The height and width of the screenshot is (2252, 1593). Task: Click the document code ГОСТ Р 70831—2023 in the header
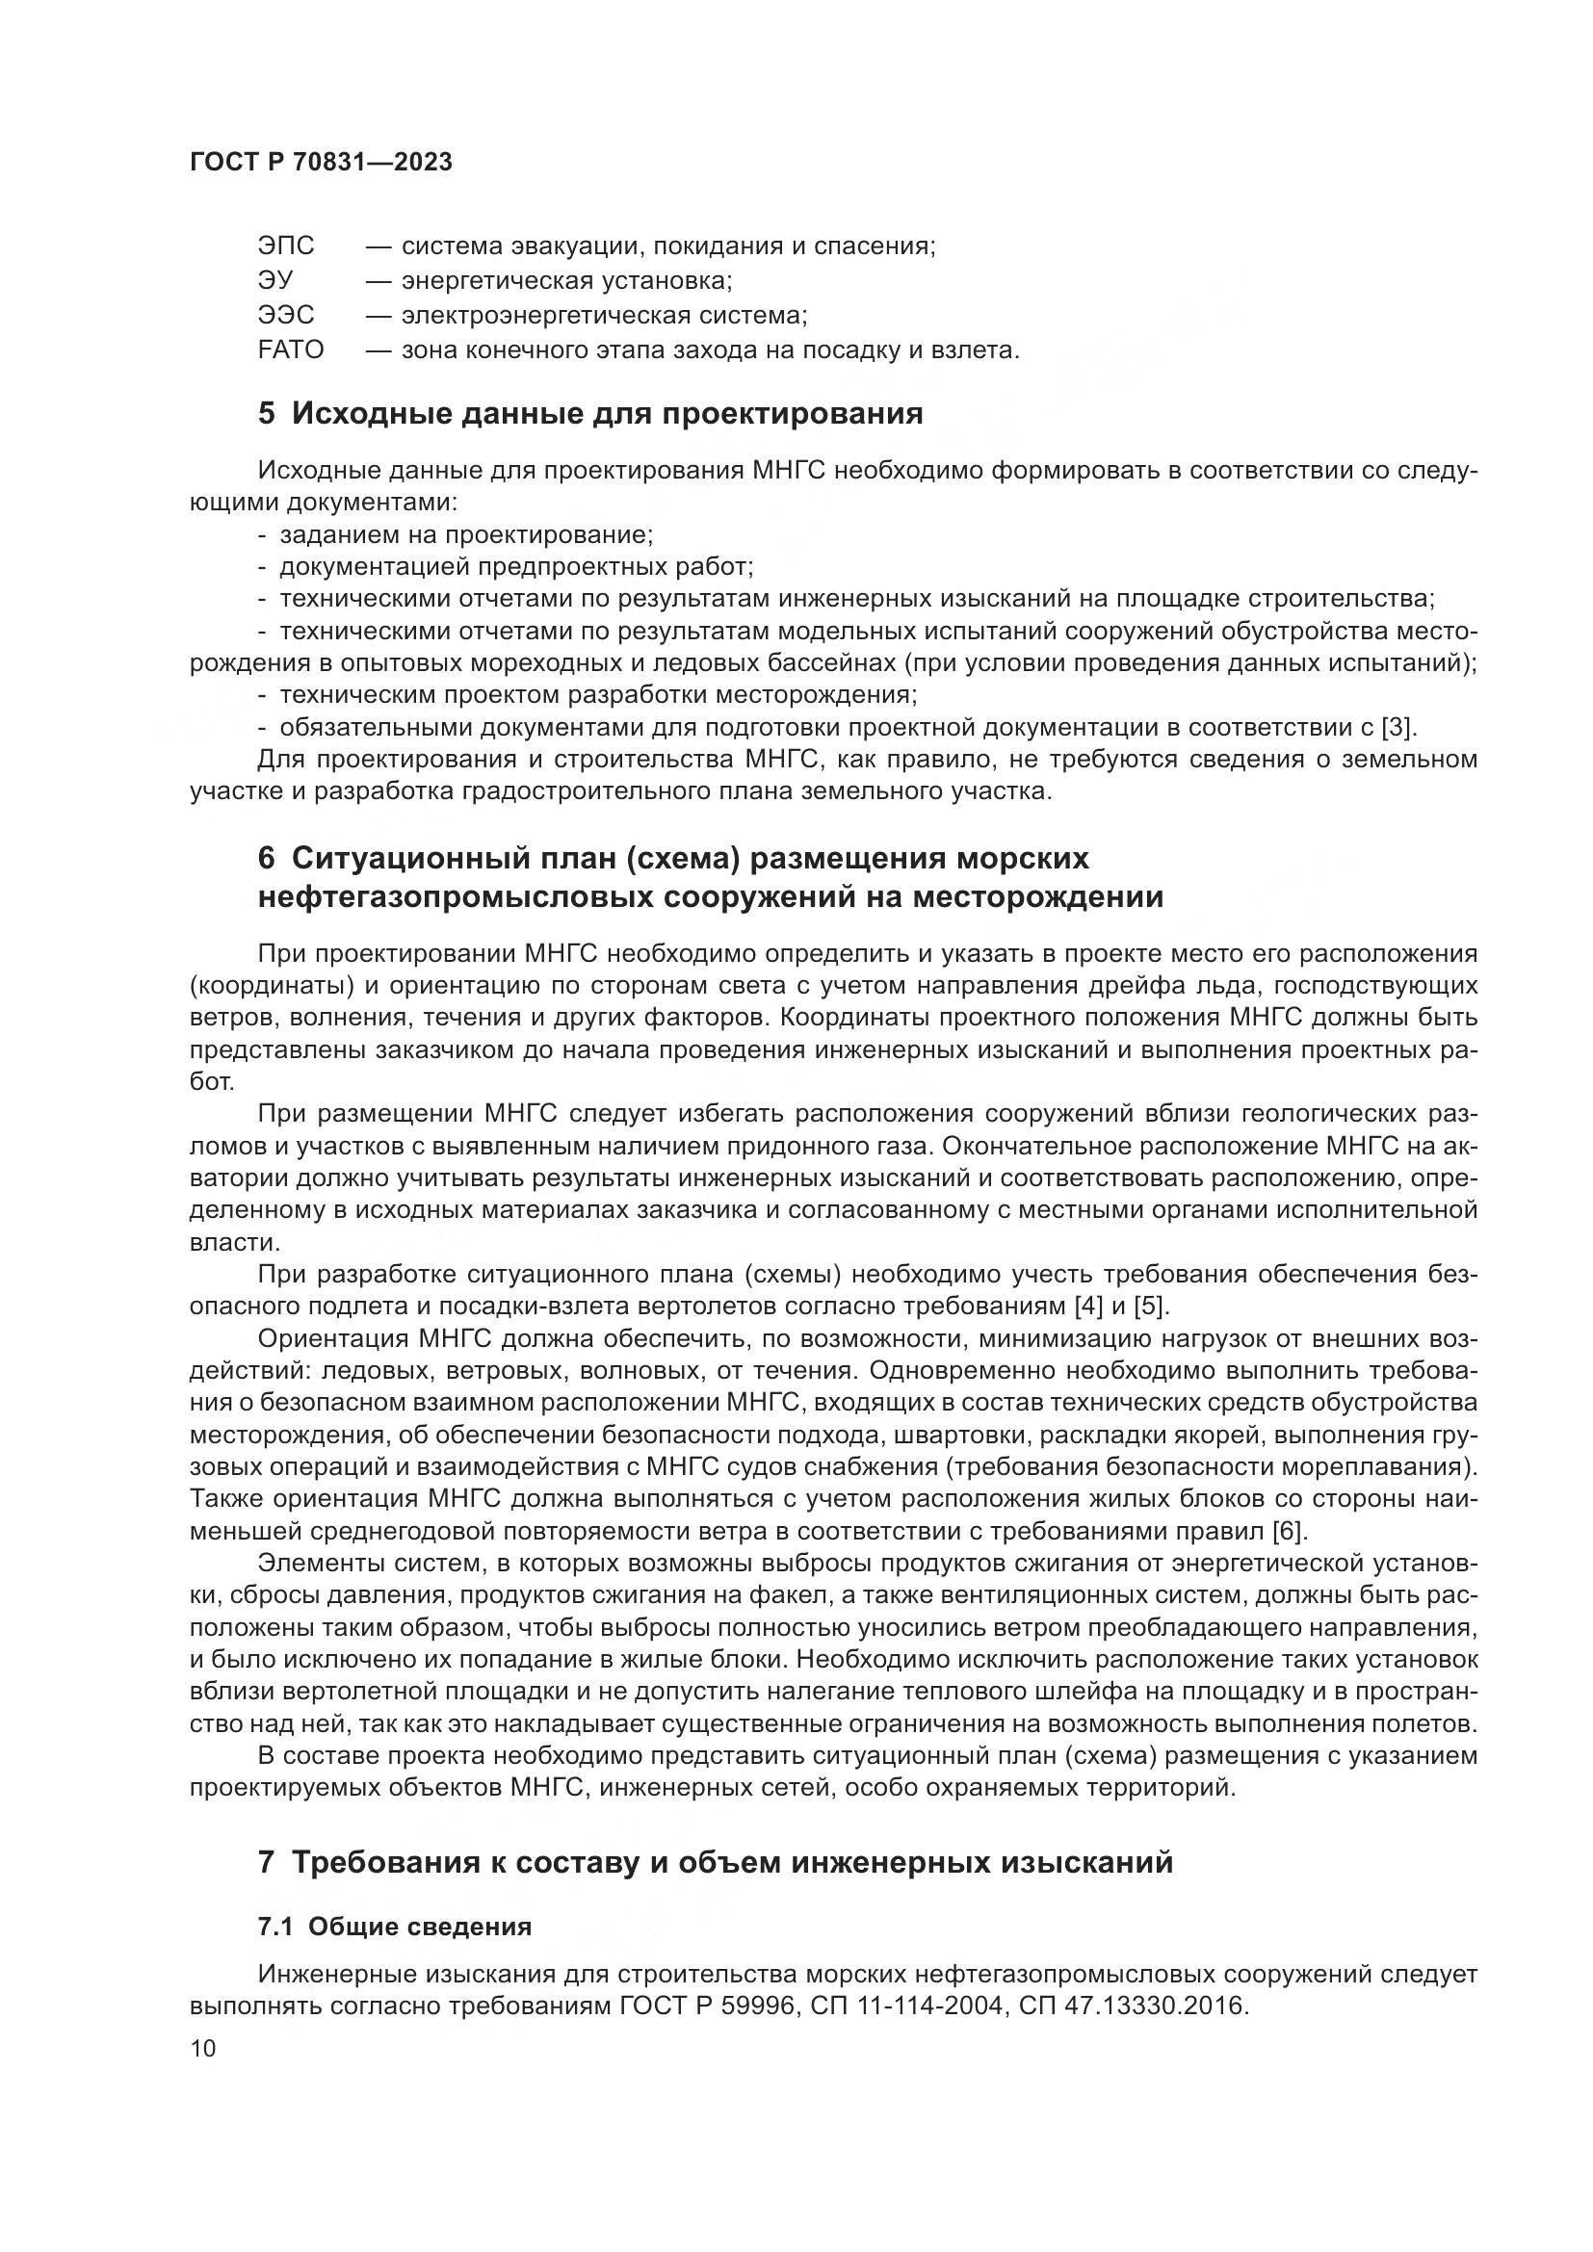click(x=321, y=163)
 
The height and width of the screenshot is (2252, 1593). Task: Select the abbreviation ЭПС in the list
click(x=286, y=246)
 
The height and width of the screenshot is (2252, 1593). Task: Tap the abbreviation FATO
click(x=290, y=350)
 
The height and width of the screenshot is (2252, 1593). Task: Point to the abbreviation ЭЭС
click(x=286, y=316)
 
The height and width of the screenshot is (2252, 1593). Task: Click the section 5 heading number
click(x=266, y=414)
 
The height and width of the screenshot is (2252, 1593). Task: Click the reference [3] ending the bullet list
click(x=1397, y=728)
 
